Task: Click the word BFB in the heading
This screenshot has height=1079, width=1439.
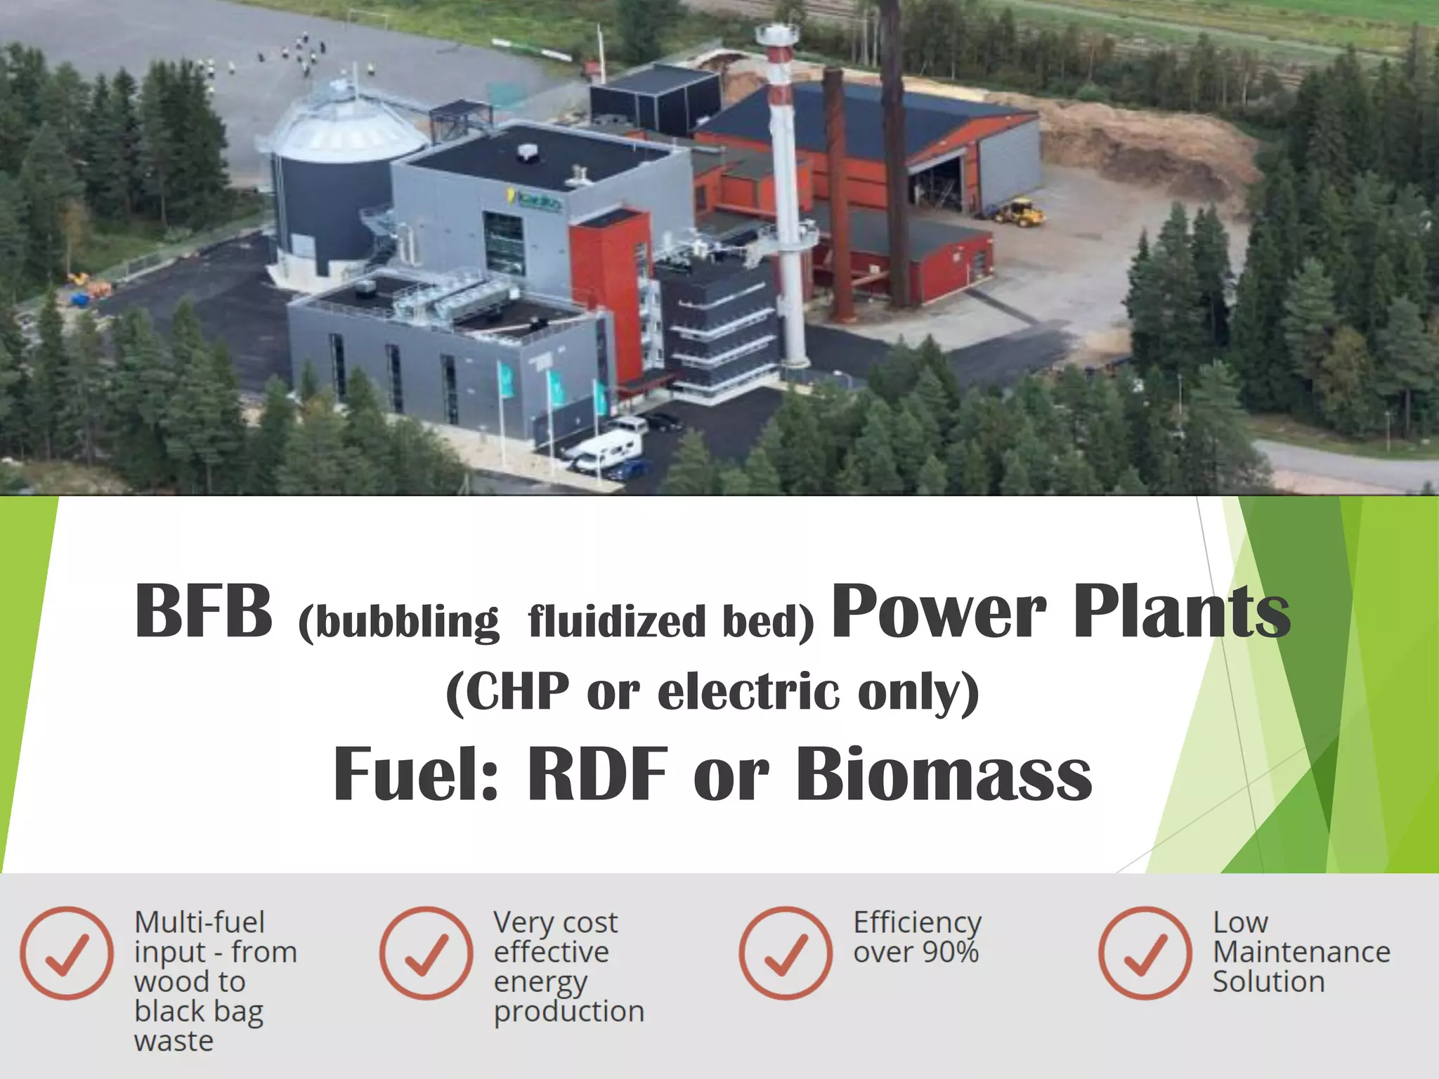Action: [203, 611]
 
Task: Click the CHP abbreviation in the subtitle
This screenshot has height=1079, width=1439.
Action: [517, 692]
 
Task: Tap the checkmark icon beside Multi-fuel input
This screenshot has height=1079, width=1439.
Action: [67, 953]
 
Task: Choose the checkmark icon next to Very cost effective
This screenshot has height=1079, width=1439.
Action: [426, 953]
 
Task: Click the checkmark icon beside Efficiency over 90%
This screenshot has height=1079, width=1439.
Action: [786, 953]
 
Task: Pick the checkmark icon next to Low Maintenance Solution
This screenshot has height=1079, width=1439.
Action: [1145, 953]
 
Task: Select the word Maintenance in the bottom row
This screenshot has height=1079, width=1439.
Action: [1301, 953]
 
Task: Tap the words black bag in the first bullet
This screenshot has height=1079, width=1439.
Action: [199, 1012]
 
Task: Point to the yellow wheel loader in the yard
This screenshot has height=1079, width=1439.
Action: [1020, 212]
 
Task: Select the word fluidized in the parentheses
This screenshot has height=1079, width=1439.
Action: [617, 622]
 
